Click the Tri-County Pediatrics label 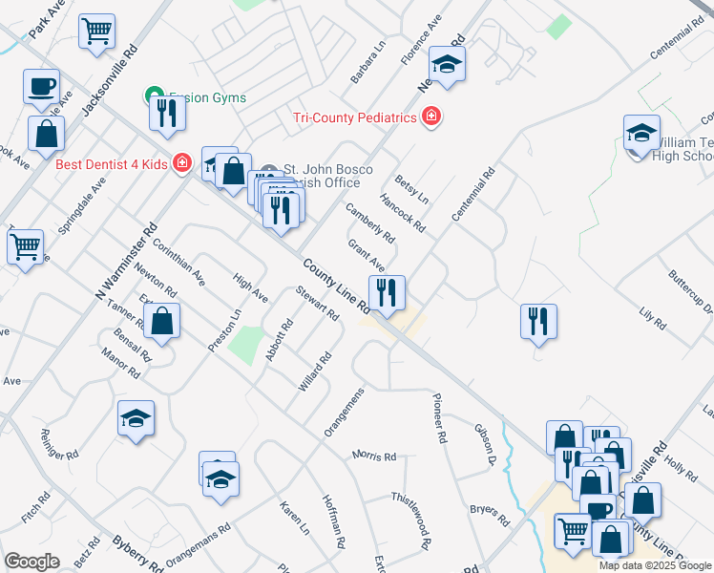355,117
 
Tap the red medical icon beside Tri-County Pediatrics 431,117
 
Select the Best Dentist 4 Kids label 111,163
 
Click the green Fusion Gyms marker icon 151,96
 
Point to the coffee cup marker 41,86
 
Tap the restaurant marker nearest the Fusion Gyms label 167,113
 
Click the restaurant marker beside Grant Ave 387,292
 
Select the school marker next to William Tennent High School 641,132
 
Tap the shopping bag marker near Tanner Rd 163,322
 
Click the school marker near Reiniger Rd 136,418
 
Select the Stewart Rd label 317,303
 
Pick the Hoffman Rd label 334,520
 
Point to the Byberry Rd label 136,553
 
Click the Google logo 31,562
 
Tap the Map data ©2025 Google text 655,565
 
